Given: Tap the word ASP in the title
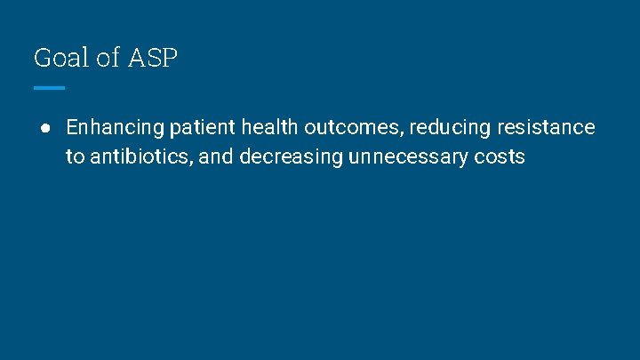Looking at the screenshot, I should click(x=153, y=59).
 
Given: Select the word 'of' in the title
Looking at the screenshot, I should click(x=107, y=59).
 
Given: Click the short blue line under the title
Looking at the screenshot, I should click(x=50, y=88).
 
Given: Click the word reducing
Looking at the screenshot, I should click(x=449, y=127).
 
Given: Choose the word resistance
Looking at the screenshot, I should click(x=546, y=127).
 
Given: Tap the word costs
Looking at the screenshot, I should click(x=501, y=157).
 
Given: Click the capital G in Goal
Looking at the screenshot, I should click(x=42, y=59).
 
